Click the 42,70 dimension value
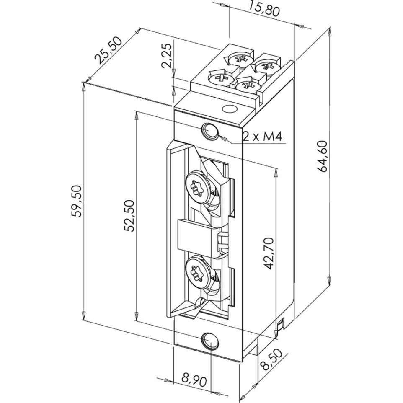pos(269,253)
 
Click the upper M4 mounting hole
pos(210,130)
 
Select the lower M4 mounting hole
pos(210,341)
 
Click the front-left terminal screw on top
pos(221,77)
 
